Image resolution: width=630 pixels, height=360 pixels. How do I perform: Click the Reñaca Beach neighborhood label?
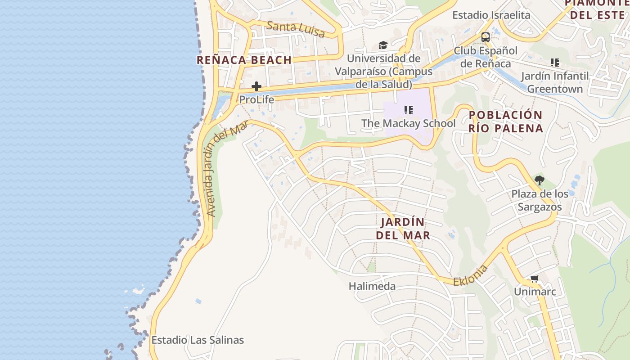pos(244,60)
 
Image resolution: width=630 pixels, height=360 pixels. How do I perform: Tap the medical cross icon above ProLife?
pos(256,86)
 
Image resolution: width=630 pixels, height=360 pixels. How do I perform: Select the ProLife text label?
pos(256,99)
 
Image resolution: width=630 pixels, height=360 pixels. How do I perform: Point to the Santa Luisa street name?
pos(296,29)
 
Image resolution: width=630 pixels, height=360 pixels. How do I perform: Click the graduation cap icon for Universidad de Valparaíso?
pos(383,45)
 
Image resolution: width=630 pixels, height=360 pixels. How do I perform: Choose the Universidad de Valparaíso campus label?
pos(384,71)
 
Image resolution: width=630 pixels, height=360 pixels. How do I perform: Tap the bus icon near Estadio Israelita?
pos(485,37)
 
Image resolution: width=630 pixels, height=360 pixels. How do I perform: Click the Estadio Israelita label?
pos(491,15)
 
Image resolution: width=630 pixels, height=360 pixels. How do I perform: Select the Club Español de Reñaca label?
pos(486,57)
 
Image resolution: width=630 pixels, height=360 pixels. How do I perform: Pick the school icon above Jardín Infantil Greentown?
pos(555,63)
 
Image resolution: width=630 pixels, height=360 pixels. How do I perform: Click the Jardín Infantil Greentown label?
pos(555,82)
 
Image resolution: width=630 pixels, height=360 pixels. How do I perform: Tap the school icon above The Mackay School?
pos(409,110)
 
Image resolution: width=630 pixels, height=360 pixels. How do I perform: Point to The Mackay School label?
pos(409,123)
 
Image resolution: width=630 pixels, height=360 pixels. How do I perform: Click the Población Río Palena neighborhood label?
pos(505,121)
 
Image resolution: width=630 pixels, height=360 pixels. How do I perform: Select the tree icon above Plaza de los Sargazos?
pos(540,181)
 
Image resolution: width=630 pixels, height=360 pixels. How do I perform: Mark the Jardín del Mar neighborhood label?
pos(403,229)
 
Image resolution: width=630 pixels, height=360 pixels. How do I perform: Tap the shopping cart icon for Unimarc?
pos(535,279)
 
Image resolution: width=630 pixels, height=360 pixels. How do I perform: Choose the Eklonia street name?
pos(470,276)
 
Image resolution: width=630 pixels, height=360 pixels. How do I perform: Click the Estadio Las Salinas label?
pos(198,340)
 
